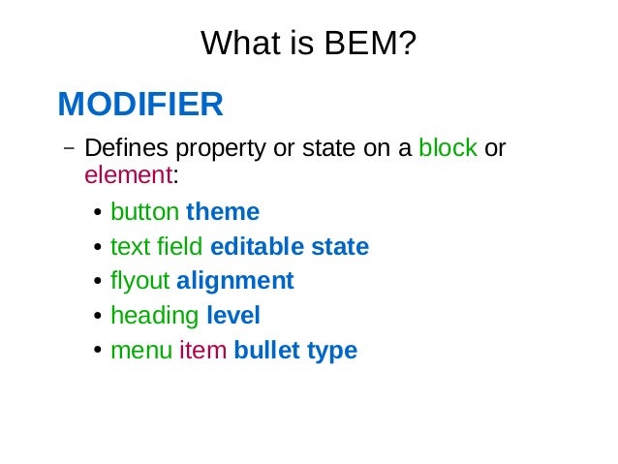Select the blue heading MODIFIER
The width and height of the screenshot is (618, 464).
point(140,103)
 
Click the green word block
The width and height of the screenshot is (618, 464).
point(448,148)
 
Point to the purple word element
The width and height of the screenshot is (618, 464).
point(128,175)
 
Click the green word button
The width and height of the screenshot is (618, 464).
point(144,211)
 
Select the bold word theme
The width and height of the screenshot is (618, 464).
point(223,211)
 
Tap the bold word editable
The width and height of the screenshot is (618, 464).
point(257,246)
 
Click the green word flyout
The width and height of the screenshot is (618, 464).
point(139,281)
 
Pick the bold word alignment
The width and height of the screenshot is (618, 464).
point(234,281)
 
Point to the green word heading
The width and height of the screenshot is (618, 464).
point(154,316)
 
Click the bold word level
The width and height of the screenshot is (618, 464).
point(233,316)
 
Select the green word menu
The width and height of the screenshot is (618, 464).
point(141,351)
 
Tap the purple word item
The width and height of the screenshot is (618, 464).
point(201,351)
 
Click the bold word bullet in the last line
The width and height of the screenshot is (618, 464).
point(266,351)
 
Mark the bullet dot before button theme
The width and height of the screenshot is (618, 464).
point(100,213)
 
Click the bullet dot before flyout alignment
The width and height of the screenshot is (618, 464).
point(100,283)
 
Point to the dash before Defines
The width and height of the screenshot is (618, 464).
point(67,149)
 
